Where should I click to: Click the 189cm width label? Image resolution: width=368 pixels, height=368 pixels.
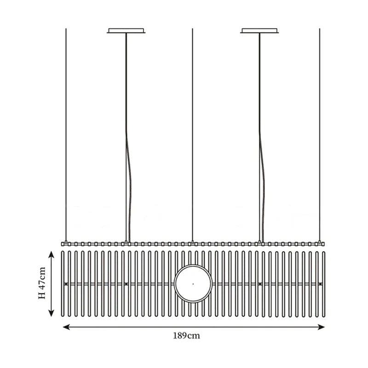[x=187, y=336]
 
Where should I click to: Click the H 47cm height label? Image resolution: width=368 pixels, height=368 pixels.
[x=42, y=283]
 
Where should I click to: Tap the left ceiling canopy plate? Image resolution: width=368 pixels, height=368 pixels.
[x=126, y=31]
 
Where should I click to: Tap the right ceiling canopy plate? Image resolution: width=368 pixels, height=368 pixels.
[x=259, y=31]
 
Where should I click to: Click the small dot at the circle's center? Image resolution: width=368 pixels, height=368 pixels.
[x=193, y=284]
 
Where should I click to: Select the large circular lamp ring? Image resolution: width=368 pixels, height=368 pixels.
[x=193, y=284]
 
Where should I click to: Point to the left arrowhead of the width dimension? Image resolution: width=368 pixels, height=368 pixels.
[x=66, y=327]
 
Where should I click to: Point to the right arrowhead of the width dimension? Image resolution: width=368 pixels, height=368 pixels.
[x=321, y=327]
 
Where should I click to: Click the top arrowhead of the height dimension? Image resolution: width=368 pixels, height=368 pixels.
[x=51, y=254]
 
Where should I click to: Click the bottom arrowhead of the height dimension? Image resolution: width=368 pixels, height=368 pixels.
[x=51, y=313]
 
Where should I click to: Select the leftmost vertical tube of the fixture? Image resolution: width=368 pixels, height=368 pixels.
[x=63, y=284]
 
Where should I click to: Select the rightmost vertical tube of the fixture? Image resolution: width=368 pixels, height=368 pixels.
[x=324, y=284]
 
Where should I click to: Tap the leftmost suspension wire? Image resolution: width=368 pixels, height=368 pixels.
[x=66, y=135]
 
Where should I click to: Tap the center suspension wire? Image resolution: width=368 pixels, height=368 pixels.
[x=192, y=135]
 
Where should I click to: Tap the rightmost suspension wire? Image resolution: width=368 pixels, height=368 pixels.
[x=320, y=135]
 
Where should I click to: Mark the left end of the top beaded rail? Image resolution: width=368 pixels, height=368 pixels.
[x=62, y=244]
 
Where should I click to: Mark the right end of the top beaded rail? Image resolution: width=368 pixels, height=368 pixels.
[x=324, y=244]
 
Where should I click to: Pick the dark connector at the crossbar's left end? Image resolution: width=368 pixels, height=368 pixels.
[x=66, y=284]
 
